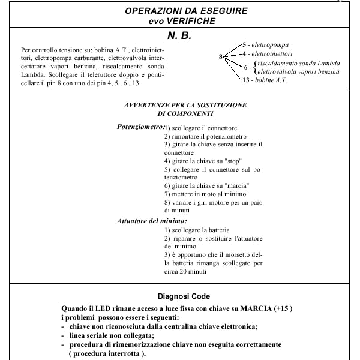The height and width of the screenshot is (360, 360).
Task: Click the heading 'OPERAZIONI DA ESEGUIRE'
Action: [x=186, y=11]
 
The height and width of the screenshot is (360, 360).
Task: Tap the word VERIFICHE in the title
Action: [x=191, y=21]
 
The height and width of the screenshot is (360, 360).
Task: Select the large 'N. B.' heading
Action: [x=179, y=35]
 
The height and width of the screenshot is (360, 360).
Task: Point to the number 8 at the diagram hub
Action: [x=221, y=56]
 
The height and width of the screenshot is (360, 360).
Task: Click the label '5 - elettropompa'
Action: [x=266, y=44]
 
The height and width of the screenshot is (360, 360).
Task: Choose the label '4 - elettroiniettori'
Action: [x=268, y=54]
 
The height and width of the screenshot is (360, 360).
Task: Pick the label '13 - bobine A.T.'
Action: [x=265, y=80]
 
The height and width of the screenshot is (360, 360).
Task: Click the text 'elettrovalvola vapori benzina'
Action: [x=298, y=72]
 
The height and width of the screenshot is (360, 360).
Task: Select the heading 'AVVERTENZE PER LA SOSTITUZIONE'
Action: [x=185, y=105]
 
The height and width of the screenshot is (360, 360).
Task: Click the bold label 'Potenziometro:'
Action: [x=141, y=127]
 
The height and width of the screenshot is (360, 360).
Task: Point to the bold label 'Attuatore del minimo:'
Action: [x=152, y=221]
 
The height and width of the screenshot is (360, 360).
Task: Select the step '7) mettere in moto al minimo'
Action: [x=205, y=194]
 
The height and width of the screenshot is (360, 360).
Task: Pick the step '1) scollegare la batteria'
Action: [x=197, y=230]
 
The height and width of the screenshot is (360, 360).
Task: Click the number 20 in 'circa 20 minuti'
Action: [x=183, y=271]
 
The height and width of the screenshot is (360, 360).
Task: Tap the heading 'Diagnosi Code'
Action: [x=184, y=296]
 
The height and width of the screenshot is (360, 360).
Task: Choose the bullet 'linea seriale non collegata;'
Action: [x=112, y=335]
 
